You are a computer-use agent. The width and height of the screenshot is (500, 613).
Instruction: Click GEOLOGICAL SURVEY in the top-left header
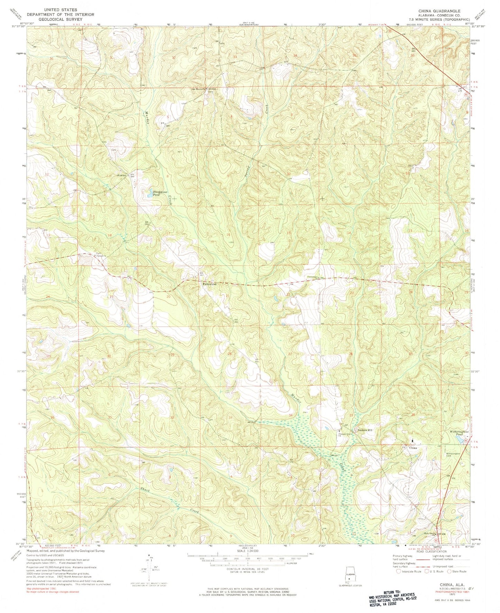(x=57, y=19)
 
